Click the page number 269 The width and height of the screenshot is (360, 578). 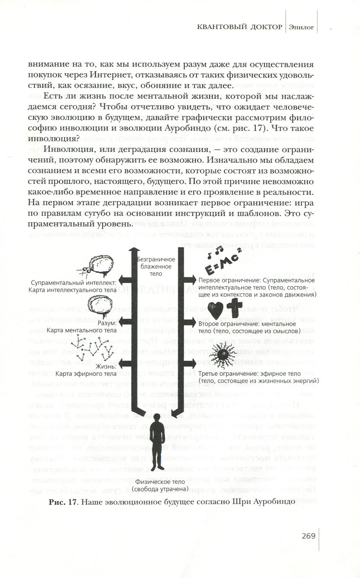(308, 536)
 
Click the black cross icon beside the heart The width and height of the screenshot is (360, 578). (234, 310)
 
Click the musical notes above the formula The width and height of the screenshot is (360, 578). (215, 250)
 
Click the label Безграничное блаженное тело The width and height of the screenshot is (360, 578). (156, 266)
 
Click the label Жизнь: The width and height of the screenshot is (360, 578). (106, 366)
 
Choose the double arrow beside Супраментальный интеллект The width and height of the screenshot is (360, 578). (129, 279)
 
